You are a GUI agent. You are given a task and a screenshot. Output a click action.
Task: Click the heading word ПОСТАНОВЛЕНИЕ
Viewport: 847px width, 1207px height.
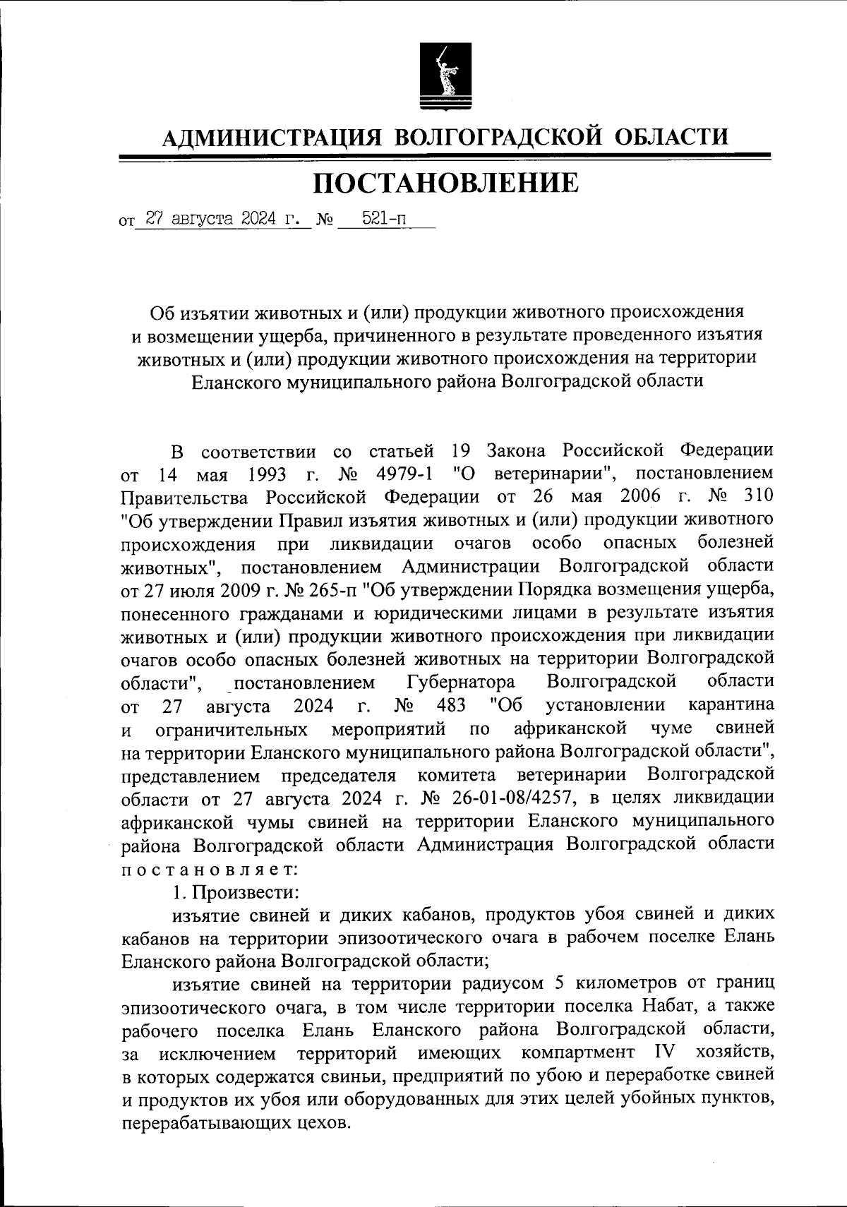coord(445,183)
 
